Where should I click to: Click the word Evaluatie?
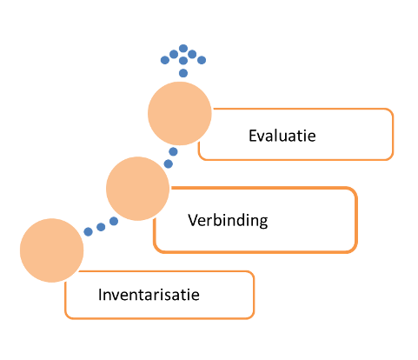pyautogui.click(x=282, y=136)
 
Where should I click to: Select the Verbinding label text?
pyautogui.click(x=228, y=221)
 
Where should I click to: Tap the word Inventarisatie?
pyautogui.click(x=149, y=295)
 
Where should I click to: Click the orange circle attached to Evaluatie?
pyautogui.click(x=180, y=113)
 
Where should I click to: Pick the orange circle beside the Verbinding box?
pyautogui.click(x=137, y=189)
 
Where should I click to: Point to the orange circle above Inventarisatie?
pyautogui.click(x=52, y=250)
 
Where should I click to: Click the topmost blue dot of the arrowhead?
pyautogui.click(x=183, y=49)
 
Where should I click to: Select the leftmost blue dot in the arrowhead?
pyautogui.click(x=165, y=60)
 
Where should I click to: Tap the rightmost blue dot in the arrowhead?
pyautogui.click(x=202, y=60)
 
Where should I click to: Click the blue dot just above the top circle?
pyautogui.click(x=183, y=73)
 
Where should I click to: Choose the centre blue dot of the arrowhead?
pyautogui.click(x=183, y=61)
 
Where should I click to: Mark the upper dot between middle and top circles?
pyautogui.click(x=173, y=151)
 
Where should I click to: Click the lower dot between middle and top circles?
pyautogui.click(x=169, y=163)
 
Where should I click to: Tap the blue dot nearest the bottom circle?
pyautogui.click(x=88, y=231)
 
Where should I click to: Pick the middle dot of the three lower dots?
pyautogui.click(x=101, y=227)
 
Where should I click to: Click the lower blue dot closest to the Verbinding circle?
pyautogui.click(x=114, y=221)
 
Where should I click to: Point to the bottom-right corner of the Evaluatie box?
pyautogui.click(x=393, y=159)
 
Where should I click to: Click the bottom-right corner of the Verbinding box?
pyautogui.click(x=356, y=252)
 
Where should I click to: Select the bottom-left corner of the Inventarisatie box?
pyautogui.click(x=65, y=318)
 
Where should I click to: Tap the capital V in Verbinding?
pyautogui.click(x=193, y=220)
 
